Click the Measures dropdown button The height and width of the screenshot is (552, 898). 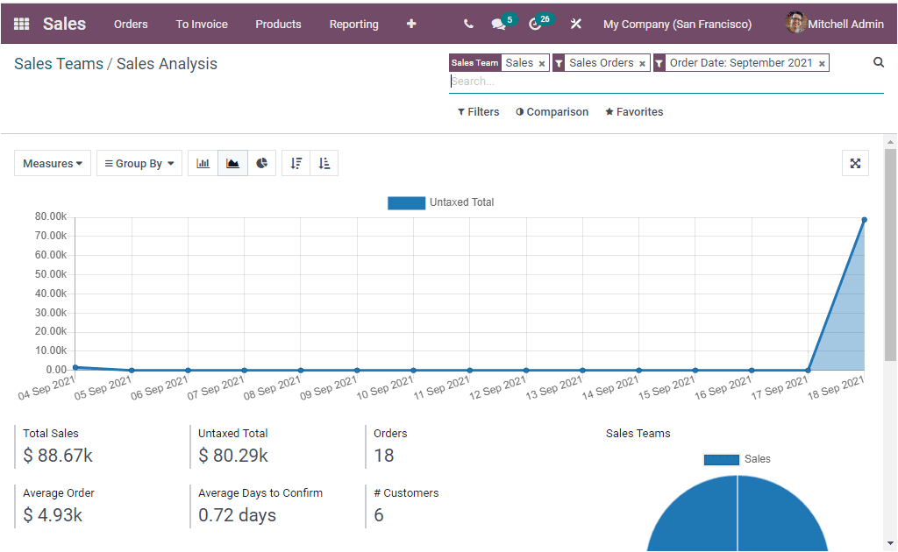coord(53,164)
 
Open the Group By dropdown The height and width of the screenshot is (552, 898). coord(139,164)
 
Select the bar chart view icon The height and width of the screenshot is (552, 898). coord(203,164)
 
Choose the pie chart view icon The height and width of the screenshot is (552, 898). coord(261,164)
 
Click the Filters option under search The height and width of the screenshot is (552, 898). coord(478,112)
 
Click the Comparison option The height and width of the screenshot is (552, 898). coord(552,112)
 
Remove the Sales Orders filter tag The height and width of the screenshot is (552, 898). coord(642,64)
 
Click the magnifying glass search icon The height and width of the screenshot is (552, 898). coord(879,62)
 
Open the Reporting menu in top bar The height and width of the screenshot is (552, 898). coord(353,24)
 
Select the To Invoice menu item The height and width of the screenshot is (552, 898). coord(201,24)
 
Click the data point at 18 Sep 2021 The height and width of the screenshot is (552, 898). coord(864,220)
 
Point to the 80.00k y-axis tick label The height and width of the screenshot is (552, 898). coord(51,216)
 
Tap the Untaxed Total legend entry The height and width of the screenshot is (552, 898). coord(441,202)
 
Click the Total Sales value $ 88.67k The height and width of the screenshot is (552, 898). coord(58,456)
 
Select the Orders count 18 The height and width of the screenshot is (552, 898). coord(383,456)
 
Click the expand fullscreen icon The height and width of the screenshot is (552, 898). coord(855,163)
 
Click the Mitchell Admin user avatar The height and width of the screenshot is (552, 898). coord(795,24)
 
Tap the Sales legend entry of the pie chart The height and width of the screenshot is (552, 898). coord(737,459)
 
